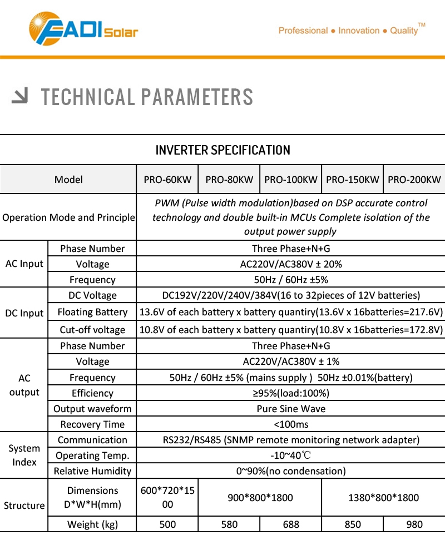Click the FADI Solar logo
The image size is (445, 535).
[x=83, y=28]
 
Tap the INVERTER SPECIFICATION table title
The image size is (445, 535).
[x=222, y=150]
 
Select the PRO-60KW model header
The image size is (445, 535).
[x=167, y=180]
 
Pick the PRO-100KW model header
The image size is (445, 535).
[x=291, y=180]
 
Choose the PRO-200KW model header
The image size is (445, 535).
[x=414, y=180]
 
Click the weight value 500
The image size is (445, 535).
[x=167, y=524]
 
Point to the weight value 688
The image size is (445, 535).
[x=291, y=524]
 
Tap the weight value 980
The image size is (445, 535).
[x=414, y=524]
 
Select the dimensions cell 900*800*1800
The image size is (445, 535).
[x=260, y=498]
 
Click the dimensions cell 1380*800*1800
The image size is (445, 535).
[x=383, y=498]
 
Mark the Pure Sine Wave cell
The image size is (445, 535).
[x=291, y=409]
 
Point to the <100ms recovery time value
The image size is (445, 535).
[x=291, y=424]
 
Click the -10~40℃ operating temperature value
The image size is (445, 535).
[x=291, y=455]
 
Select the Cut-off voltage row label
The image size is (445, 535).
[x=92, y=330]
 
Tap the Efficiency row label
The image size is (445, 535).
[x=92, y=393]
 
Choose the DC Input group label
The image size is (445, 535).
[x=24, y=313]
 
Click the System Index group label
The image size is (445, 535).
[x=24, y=455]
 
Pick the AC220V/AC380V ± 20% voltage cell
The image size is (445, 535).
[x=291, y=264]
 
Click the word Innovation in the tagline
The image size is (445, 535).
[x=359, y=31]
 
